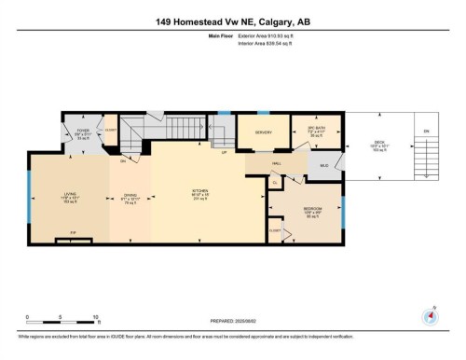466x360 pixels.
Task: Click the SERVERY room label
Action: pos(263,132)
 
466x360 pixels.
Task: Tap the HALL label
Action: pos(277,162)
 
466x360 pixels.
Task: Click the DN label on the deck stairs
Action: pos(428,132)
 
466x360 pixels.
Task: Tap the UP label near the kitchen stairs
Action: pos(224,152)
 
